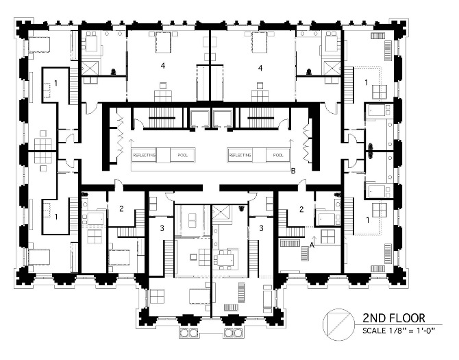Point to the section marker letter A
tap(312, 242)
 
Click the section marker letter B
tap(293, 171)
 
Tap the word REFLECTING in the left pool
tap(145, 156)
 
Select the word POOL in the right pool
tap(277, 156)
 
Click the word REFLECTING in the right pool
tap(240, 156)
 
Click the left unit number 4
tap(162, 67)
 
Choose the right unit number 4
tap(260, 67)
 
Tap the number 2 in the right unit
tap(301, 208)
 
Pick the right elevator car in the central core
tap(222, 117)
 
